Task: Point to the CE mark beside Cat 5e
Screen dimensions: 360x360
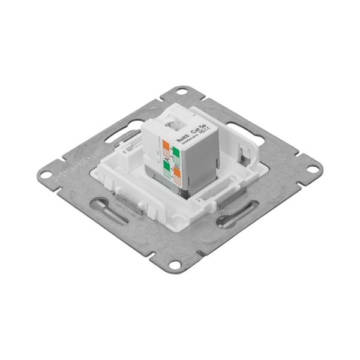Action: [202, 136]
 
